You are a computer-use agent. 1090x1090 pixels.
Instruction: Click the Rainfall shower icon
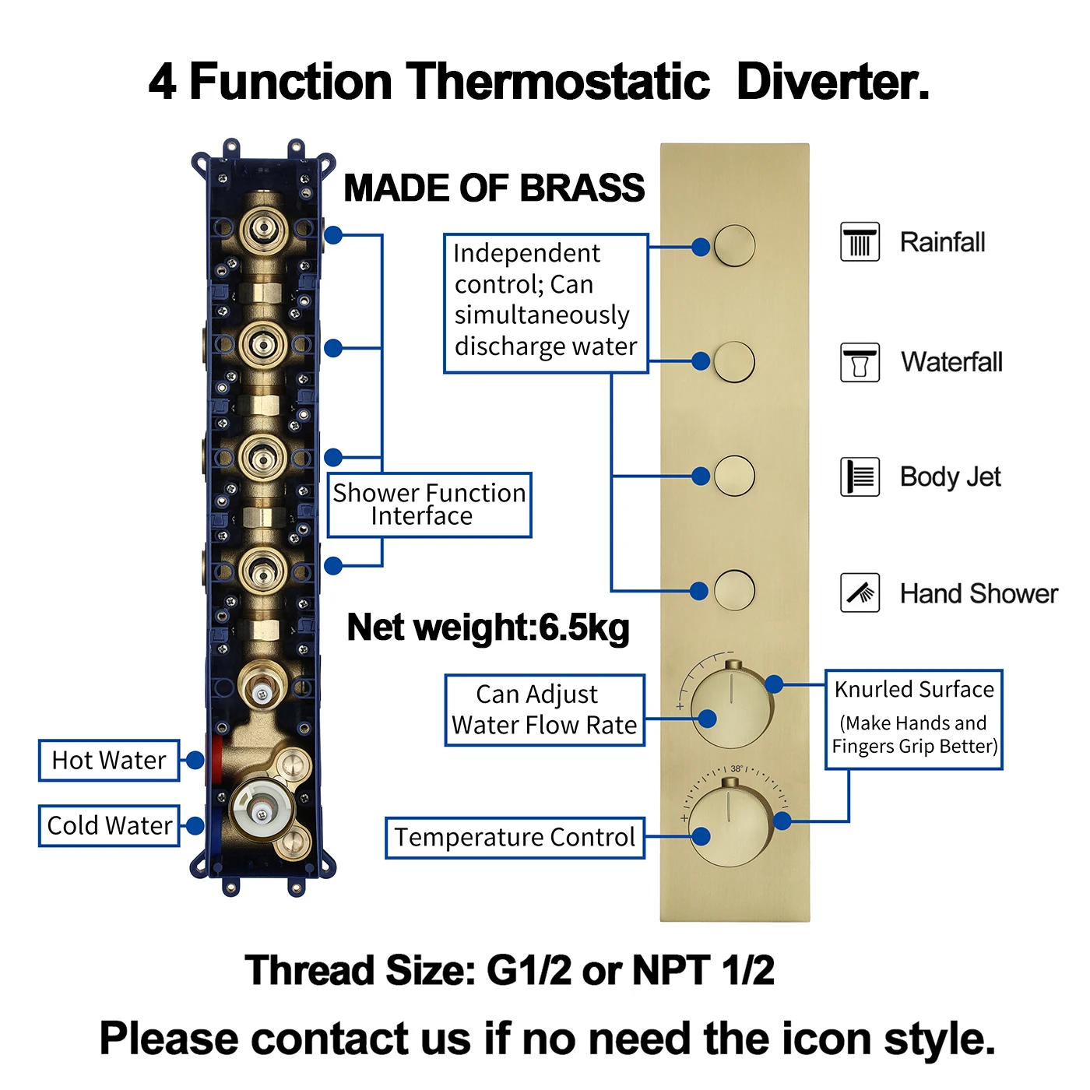coord(860,241)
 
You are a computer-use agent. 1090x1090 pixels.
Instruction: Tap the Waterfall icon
coord(860,363)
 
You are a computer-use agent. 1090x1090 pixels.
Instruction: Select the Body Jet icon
coord(860,476)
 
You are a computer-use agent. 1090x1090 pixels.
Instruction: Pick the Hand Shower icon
coord(860,593)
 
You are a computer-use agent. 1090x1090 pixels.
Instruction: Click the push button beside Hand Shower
coord(734,589)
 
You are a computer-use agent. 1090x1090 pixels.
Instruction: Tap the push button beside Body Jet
coord(734,475)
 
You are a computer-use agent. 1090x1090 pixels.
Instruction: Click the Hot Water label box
coord(109,760)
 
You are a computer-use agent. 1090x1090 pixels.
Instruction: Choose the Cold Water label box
coord(109,825)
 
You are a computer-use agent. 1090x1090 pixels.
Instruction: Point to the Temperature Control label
coord(515,838)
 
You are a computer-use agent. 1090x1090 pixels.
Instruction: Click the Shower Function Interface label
coord(429,505)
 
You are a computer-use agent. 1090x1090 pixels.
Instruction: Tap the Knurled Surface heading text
coord(914,689)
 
